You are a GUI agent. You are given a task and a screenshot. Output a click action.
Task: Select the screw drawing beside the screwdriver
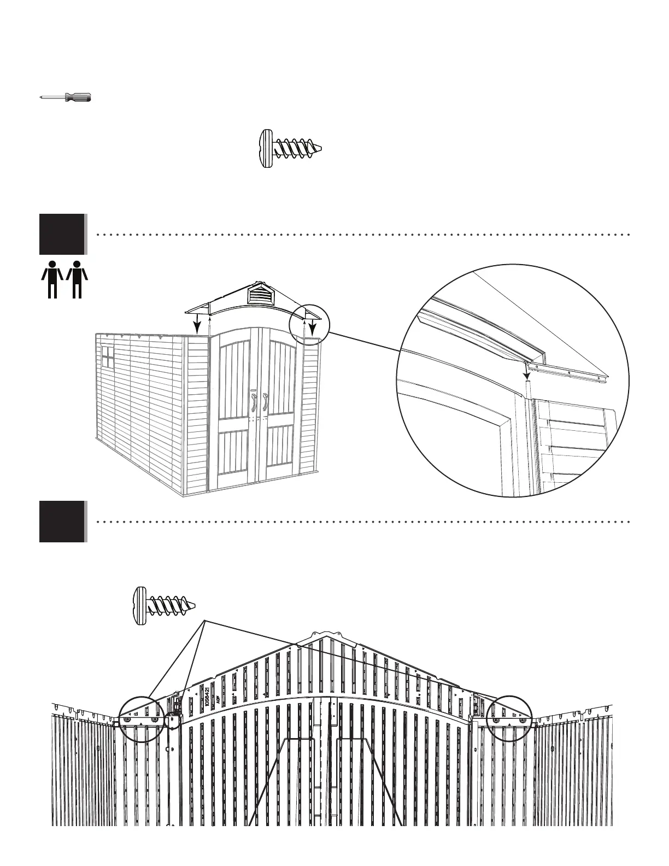tap(289, 148)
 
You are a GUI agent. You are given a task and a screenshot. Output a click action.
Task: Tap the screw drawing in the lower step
tap(163, 605)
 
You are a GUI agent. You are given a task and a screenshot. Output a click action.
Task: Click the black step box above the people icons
tap(62, 234)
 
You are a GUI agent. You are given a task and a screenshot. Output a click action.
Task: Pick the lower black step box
tap(62, 521)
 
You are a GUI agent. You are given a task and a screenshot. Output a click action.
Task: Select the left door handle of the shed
tap(254, 402)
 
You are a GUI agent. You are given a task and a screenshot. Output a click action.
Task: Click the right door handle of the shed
tap(265, 402)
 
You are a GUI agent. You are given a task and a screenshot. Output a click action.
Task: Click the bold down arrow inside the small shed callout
tap(312, 328)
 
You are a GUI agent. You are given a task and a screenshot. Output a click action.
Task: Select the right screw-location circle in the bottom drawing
tap(512, 719)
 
